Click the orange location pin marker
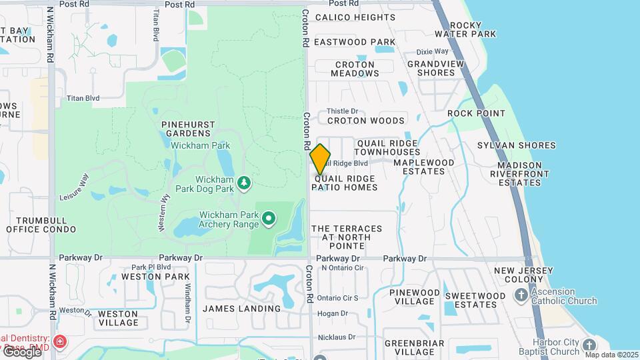point(321,159)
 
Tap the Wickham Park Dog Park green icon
point(244,182)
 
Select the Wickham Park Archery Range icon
point(269,218)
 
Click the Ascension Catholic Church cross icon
point(521,295)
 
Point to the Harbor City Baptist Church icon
point(589,345)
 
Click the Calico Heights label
point(355,17)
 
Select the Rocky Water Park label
point(475,29)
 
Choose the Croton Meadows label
point(355,69)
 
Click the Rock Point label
point(477,113)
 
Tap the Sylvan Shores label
point(517,145)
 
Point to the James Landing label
point(242,309)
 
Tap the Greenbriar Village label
point(409,347)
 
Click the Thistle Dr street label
point(342,111)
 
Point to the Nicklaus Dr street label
point(337,337)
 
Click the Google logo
point(21,351)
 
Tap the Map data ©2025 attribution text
point(611,355)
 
